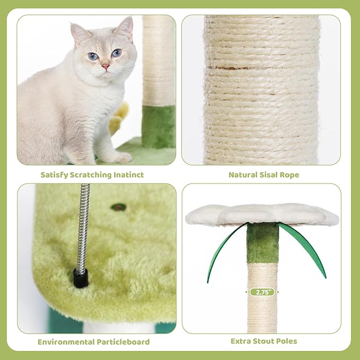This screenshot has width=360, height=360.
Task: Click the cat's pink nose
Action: coord(106,66)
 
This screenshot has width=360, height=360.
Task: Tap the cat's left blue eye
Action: coord(93,56)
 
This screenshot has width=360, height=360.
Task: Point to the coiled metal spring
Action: coord(82,228)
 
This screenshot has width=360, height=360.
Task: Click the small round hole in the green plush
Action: coord(118,207)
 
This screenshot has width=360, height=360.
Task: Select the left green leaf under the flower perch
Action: coord(223,253)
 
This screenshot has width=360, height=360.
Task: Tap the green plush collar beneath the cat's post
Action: coord(158,126)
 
